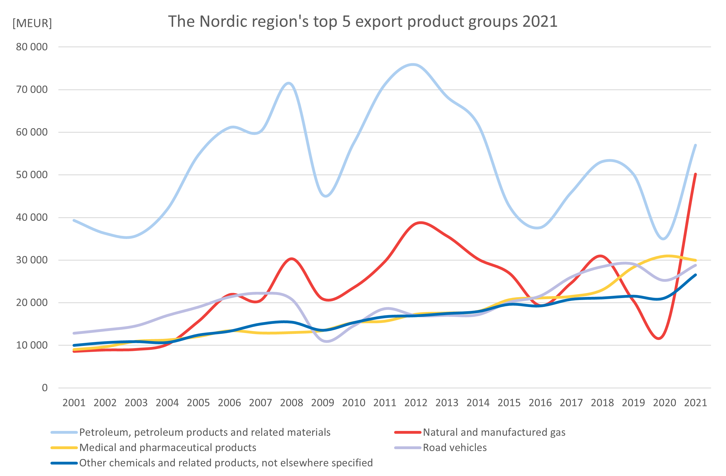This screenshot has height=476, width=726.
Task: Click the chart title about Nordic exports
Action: point(363,21)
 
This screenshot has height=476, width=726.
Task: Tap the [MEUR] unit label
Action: point(32,23)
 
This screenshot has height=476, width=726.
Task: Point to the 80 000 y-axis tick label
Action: point(32,47)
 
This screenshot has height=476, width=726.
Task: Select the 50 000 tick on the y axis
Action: point(32,175)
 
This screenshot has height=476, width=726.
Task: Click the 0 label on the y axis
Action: point(45,388)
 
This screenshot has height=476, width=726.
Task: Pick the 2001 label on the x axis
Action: point(74,403)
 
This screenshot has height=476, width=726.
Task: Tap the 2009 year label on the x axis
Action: point(322,403)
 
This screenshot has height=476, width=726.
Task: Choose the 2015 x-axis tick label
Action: point(509,403)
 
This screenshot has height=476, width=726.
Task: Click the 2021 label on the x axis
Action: point(695,403)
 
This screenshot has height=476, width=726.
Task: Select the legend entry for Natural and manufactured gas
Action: point(494,432)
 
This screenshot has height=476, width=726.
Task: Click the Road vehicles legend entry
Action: point(455,447)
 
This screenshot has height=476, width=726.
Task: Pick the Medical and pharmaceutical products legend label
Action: point(168,447)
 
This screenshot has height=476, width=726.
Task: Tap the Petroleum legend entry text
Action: point(205,432)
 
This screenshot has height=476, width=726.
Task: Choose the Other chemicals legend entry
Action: point(226,463)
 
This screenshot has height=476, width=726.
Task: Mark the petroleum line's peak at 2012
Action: point(413,65)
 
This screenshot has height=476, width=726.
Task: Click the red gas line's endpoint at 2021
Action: point(695,174)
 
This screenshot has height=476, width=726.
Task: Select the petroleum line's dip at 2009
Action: point(326,196)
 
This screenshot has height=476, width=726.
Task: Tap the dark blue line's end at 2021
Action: point(695,275)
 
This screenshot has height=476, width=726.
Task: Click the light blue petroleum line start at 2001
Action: point(74,220)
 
